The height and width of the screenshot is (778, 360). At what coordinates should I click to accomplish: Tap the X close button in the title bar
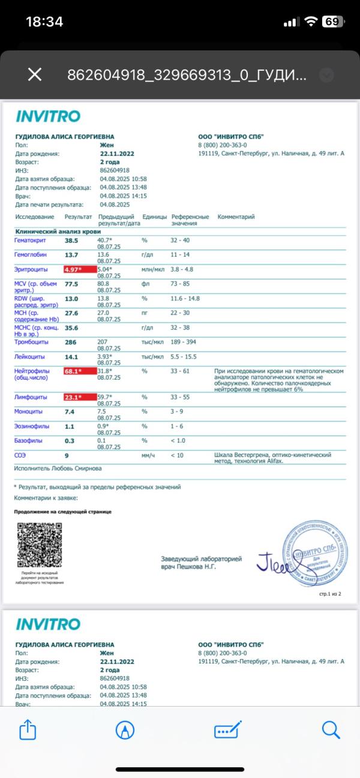35,74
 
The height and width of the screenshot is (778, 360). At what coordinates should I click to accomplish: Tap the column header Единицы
154,217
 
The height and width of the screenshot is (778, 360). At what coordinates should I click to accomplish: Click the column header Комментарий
236,217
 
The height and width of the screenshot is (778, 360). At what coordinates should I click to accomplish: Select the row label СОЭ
20,455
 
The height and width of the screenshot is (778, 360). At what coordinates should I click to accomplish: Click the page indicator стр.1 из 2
329,593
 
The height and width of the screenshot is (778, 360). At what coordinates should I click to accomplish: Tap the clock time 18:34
44,22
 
